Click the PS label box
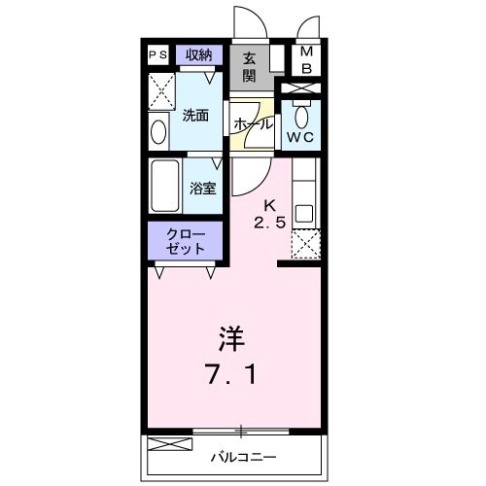(156, 55)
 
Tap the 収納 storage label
(199, 54)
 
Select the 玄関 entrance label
(250, 66)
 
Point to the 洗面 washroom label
(195, 116)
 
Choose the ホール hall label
(252, 124)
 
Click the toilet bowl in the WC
(302, 118)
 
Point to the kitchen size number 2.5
(271, 222)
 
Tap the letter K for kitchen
(272, 205)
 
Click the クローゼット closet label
(186, 241)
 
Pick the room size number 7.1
(231, 373)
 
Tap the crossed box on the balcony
(164, 445)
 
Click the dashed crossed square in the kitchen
(305, 246)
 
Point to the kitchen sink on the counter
(304, 213)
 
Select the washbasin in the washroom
(157, 129)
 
